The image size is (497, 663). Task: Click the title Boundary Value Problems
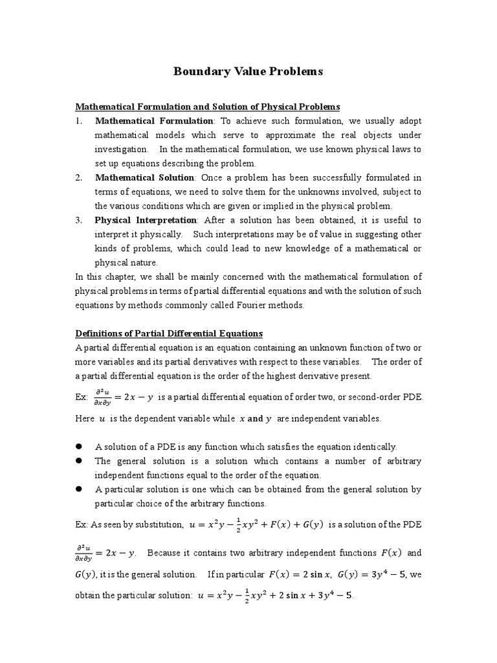pyautogui.click(x=248, y=71)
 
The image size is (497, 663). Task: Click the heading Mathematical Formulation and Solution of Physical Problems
pyautogui.click(x=208, y=106)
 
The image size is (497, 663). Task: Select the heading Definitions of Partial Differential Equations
pyautogui.click(x=169, y=333)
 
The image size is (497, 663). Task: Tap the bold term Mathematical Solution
pyautogui.click(x=144, y=177)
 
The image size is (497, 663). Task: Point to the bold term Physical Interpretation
pyautogui.click(x=147, y=220)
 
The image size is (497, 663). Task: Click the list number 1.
pyautogui.click(x=78, y=120)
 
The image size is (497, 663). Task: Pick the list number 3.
pyautogui.click(x=78, y=220)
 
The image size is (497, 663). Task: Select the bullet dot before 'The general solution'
pyautogui.click(x=80, y=461)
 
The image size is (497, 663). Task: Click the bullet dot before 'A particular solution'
pyautogui.click(x=80, y=489)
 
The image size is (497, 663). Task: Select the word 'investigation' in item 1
pyautogui.click(x=121, y=149)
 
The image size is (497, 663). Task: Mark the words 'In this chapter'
pyautogui.click(x=102, y=277)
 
